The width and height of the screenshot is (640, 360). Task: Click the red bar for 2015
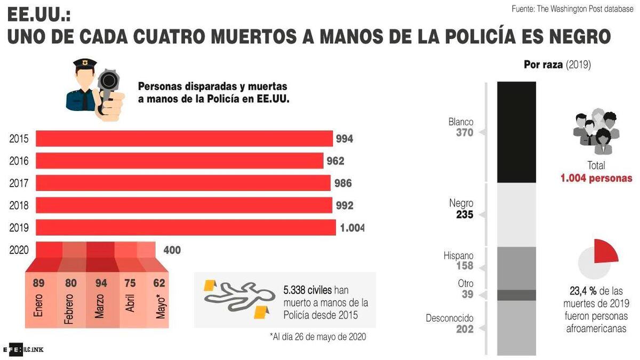coord(184,139)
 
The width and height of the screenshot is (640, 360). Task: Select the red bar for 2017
coord(183,183)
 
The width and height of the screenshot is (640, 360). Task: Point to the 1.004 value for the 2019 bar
coord(353,228)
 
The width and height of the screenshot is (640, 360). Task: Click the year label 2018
coord(19,206)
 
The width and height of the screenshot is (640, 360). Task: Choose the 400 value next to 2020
coord(172,250)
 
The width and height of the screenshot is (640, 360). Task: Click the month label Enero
coord(38,307)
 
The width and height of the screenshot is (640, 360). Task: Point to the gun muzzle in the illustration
coord(109,81)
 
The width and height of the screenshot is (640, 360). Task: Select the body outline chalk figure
coord(235,297)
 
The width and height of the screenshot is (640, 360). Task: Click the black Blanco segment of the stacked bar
coord(516,132)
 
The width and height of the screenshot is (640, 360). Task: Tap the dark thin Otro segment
coord(516,295)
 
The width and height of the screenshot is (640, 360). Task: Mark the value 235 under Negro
coord(465,214)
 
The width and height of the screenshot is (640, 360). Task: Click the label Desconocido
coord(449,318)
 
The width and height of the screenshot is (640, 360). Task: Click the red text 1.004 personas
coord(596,178)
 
